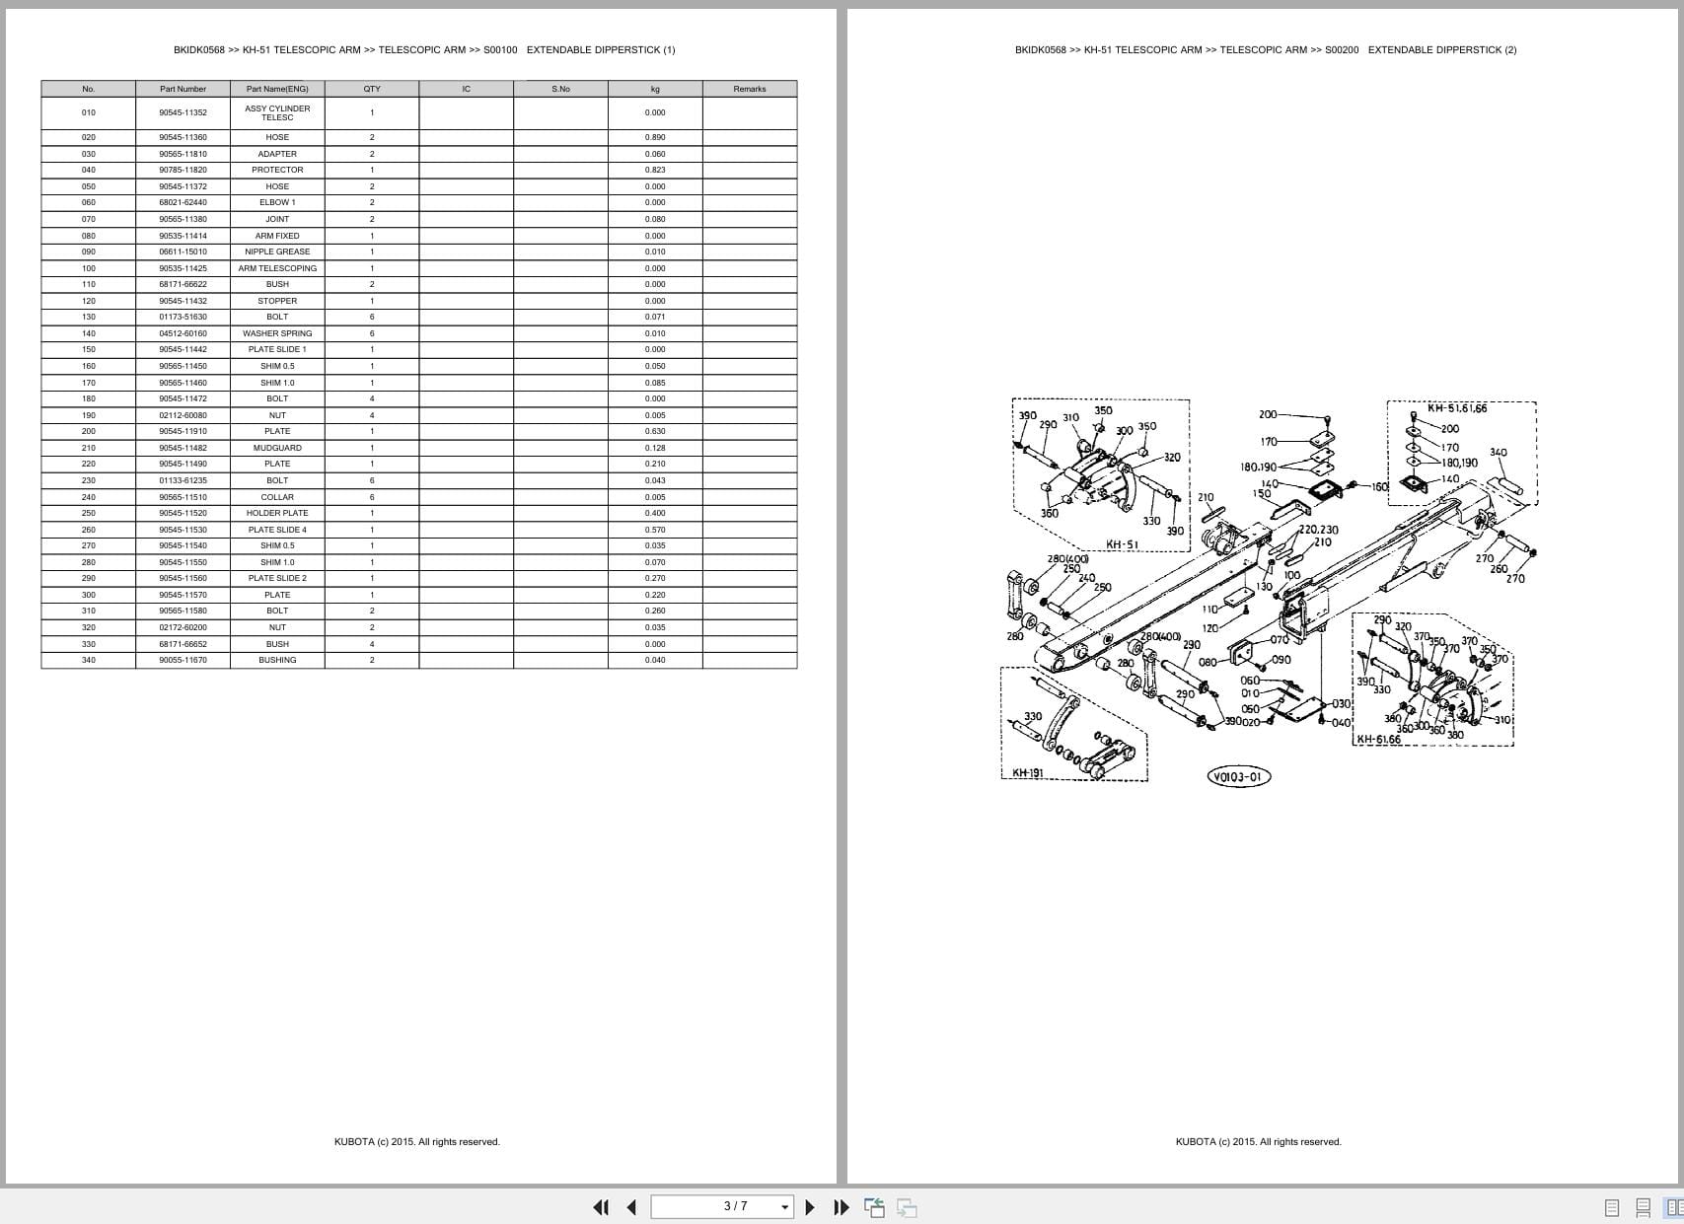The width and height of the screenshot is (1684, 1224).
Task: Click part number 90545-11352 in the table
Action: coord(183,112)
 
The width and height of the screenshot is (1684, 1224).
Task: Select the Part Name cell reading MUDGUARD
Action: coord(277,448)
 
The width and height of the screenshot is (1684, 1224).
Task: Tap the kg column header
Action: coord(655,89)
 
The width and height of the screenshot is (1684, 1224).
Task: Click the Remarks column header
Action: coord(749,89)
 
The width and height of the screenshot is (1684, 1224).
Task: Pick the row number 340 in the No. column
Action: coord(89,660)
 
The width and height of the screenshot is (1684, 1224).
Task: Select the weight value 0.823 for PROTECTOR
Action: coord(655,170)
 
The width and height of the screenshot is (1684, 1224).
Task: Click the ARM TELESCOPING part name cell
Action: coord(277,268)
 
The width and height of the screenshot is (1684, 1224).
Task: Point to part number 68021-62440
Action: coord(183,202)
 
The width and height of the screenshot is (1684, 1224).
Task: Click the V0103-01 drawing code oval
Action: coord(1239,777)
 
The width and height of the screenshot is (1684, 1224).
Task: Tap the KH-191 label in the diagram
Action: coord(1027,773)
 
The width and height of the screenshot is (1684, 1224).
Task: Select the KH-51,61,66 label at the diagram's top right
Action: coord(1456,408)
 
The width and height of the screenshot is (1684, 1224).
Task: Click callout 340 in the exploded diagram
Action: coord(1498,453)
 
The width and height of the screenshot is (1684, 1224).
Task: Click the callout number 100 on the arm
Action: coord(1291,575)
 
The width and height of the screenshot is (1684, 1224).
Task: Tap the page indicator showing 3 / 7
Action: coord(736,1206)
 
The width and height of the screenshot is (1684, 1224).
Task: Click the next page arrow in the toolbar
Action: coord(810,1207)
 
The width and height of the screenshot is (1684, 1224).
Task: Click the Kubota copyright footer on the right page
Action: coord(1258,1142)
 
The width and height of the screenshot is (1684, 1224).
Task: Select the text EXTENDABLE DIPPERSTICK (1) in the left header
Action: coord(601,50)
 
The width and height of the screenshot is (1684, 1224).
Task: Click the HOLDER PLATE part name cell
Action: coord(277,513)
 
